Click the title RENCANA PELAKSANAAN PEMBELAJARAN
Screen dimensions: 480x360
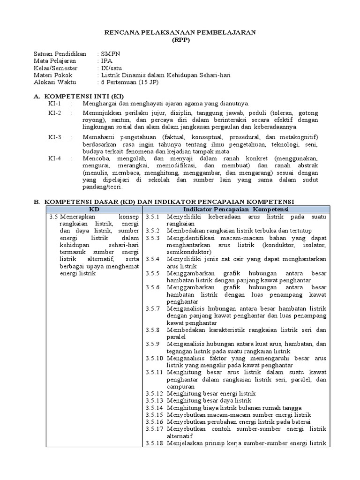[180, 32]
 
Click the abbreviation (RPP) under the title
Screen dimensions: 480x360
[180, 39]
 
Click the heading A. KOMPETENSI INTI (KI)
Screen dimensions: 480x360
[79, 96]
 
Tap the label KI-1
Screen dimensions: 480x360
[55, 103]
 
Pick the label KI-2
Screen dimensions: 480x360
[55, 113]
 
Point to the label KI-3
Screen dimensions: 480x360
[55, 137]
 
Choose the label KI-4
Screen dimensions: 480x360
[55, 158]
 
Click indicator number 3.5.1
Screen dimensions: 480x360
[153, 217]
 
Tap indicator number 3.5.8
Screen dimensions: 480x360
[153, 330]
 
